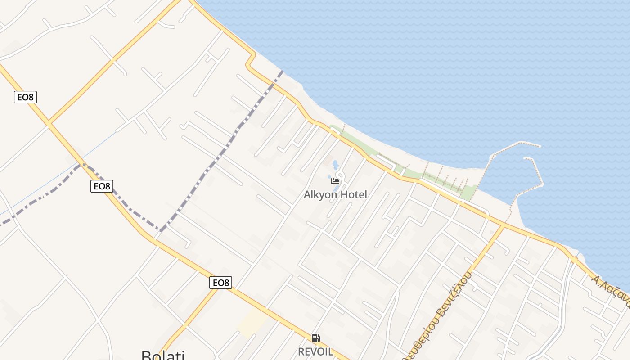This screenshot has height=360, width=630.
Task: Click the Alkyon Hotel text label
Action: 335,194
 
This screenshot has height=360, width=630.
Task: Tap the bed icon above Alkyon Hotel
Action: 335,181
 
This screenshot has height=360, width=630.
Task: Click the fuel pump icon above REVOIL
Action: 316,338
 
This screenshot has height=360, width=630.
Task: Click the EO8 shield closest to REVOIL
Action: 220,283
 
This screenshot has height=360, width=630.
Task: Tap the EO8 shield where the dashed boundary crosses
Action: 102,186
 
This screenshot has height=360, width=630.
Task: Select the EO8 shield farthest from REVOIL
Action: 25,97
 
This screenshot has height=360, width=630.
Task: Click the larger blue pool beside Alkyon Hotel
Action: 335,165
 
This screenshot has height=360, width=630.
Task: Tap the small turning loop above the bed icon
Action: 340,175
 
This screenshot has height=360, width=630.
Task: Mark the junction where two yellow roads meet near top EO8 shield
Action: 49,122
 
